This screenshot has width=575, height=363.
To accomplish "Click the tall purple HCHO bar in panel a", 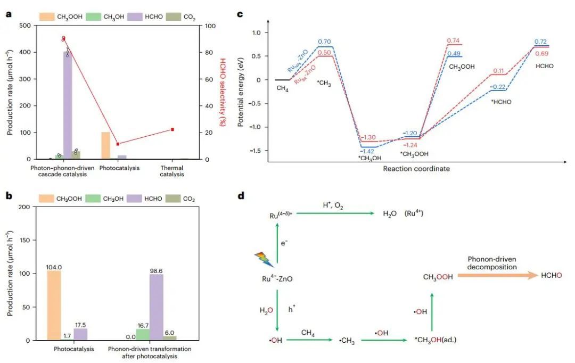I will point(68,106).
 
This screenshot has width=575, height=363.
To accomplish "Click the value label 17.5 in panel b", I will point(80,324).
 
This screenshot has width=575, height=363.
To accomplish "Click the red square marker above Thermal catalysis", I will point(172,129).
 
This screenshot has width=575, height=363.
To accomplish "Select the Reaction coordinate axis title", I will point(416,169).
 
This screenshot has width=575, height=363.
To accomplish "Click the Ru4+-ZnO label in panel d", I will point(277,278).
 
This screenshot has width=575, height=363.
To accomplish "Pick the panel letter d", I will point(241,196).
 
